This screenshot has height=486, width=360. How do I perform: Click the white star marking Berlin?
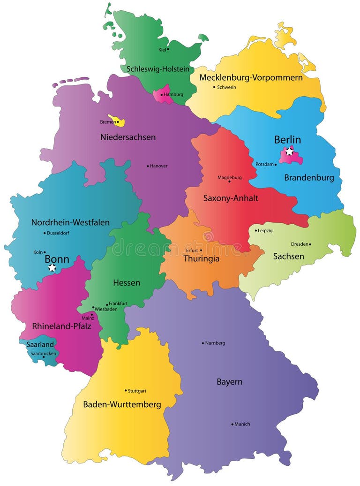tap(290, 152)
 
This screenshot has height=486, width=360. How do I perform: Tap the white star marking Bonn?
tap(52, 267)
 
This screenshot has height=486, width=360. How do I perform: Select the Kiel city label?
tap(162, 49)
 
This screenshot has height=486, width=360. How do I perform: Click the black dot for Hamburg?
tap(162, 95)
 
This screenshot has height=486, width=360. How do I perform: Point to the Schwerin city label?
tap(226, 87)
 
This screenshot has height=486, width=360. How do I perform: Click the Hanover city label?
tap(159, 166)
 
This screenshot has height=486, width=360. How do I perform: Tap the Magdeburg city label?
tap(230, 177)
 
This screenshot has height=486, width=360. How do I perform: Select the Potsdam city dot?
tap(276, 165)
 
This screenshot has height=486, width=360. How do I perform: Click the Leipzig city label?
tap(265, 231)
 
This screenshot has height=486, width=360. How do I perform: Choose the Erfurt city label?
tap(192, 251)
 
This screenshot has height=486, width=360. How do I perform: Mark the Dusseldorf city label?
tap(58, 233)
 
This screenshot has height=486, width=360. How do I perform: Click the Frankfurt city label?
tap(118, 304)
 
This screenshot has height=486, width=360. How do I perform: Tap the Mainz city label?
tap(88, 318)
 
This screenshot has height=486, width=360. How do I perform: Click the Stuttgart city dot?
tap(126, 390)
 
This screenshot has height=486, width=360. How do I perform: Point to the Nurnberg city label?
tap(215, 343)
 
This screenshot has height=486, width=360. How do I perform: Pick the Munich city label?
tap(242, 424)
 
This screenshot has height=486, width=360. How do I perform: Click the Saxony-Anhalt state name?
tap(231, 198)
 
